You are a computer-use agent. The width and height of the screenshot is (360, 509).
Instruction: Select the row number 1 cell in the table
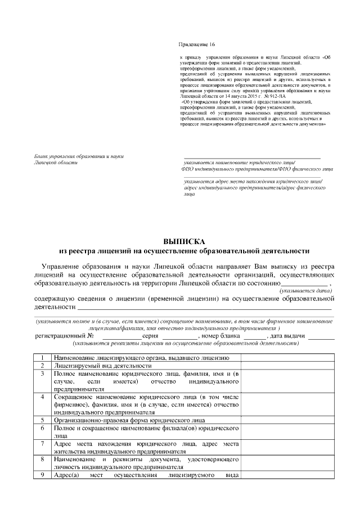pos(42,358)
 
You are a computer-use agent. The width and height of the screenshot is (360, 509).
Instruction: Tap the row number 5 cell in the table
pos(42,420)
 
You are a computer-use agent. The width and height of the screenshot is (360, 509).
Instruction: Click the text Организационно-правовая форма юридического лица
pos(129,420)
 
